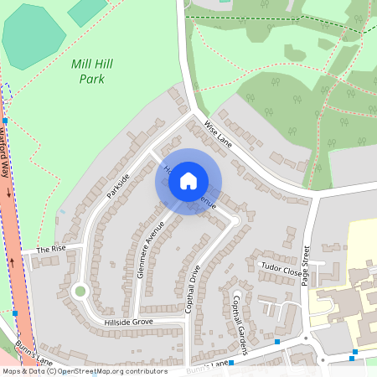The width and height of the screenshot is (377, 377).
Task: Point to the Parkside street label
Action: tap(118, 185)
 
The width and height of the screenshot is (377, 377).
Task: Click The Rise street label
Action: tap(50, 250)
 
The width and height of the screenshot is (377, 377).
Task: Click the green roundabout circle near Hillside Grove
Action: tap(80, 292)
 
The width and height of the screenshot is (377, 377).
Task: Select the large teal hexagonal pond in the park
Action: tap(34, 38)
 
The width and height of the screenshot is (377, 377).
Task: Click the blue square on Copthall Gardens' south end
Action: tap(277, 342)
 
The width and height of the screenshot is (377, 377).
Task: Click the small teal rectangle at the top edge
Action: tap(87, 11)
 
